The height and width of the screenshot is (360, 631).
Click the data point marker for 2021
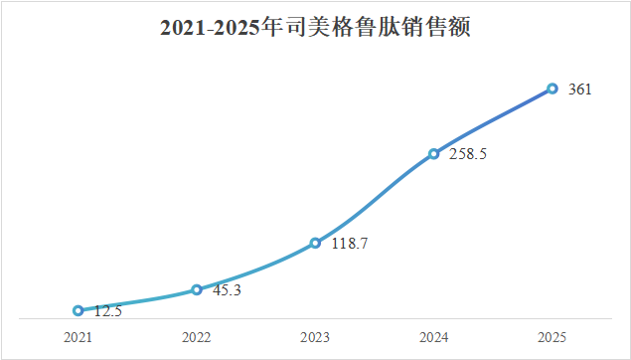79,310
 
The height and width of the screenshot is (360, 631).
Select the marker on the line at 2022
197,289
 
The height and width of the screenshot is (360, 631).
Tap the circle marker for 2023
315,243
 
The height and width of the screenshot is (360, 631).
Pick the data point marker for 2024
433,154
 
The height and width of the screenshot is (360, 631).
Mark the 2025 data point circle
552,89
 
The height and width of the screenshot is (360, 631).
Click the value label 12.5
107,311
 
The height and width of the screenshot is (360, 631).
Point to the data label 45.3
227,290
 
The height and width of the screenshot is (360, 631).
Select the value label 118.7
349,244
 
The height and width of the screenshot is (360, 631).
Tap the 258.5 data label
467,155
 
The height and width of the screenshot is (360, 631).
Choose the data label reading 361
580,90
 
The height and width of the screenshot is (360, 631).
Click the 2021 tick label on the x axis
79,338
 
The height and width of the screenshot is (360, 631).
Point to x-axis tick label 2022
197,338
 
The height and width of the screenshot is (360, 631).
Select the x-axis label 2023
315,338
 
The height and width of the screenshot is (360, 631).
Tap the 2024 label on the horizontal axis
433,338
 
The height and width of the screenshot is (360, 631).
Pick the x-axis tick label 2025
552,338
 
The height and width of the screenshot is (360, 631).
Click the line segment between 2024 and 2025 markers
494,120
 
